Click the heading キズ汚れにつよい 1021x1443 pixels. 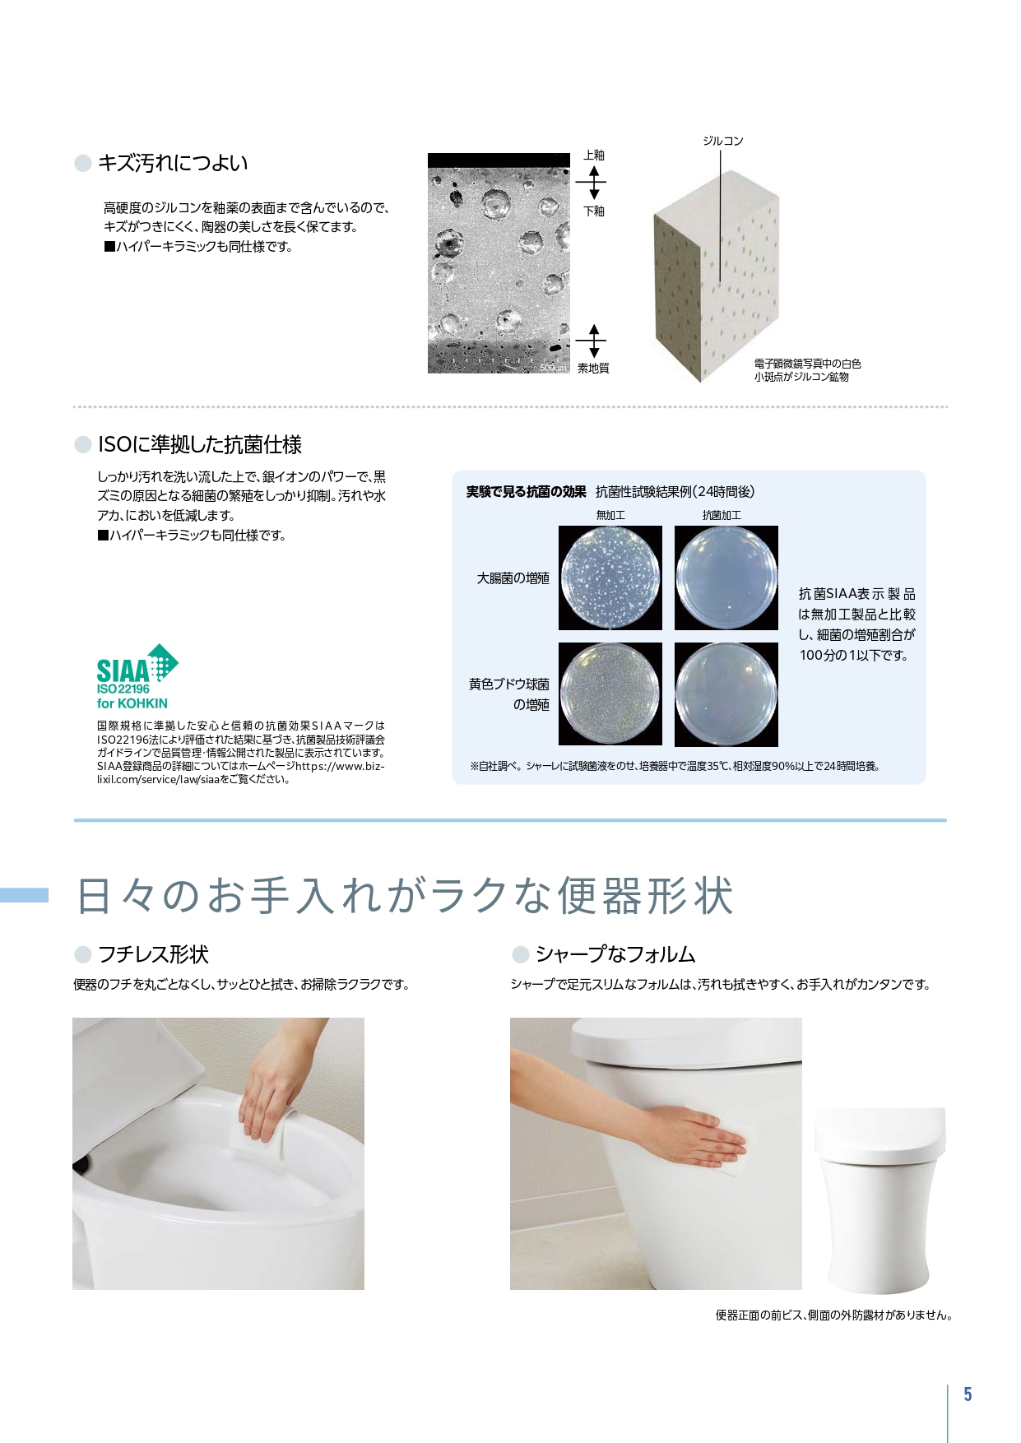click(172, 163)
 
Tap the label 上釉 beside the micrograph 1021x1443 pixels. click(593, 155)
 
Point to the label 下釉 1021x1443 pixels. click(593, 211)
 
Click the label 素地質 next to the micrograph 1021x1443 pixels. click(592, 369)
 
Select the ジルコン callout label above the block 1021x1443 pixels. click(722, 142)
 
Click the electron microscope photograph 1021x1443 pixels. click(499, 263)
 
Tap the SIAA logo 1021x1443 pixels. click(136, 676)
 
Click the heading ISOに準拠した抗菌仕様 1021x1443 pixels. click(199, 445)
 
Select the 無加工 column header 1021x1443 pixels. click(610, 515)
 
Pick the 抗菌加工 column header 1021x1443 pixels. click(722, 515)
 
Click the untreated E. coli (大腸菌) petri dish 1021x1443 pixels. click(610, 578)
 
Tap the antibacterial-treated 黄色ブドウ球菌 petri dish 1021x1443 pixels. click(726, 694)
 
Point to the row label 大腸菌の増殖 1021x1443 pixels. click(513, 578)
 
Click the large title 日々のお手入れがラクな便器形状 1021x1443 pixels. click(405, 896)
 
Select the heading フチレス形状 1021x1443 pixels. click(153, 954)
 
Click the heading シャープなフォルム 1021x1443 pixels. click(615, 954)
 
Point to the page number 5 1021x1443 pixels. click(968, 1394)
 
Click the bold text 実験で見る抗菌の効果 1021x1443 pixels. click(526, 492)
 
